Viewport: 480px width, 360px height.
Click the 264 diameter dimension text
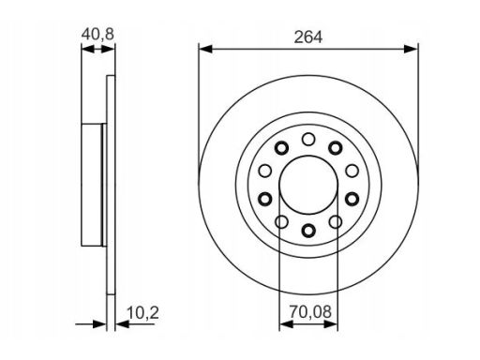click(x=307, y=37)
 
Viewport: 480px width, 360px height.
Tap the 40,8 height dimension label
click(x=97, y=34)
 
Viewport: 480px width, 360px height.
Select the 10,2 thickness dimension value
click(x=143, y=313)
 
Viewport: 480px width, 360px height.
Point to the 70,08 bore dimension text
click(x=310, y=311)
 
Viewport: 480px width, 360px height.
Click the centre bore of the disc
click(x=308, y=185)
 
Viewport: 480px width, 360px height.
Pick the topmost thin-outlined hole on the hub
click(x=308, y=139)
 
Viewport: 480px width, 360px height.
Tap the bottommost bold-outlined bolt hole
click(x=308, y=231)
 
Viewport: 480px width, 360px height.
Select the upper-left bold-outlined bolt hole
click(x=281, y=148)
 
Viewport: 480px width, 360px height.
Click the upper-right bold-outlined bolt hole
click(x=336, y=148)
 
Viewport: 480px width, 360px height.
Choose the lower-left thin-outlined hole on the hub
click(x=281, y=222)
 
